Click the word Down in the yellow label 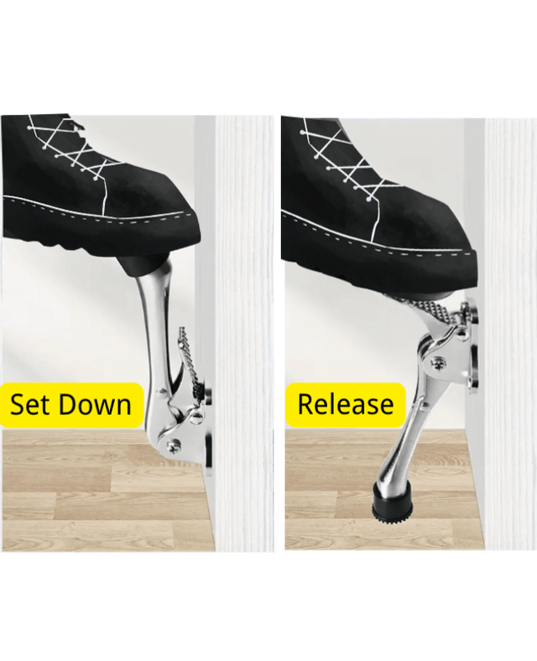[x=93, y=405]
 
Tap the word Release [x=345, y=404]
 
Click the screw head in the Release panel [x=438, y=362]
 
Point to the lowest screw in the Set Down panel [x=174, y=446]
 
